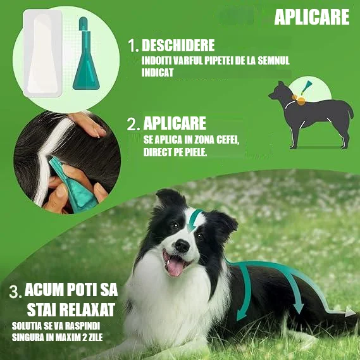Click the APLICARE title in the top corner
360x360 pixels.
312,17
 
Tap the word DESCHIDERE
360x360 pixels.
178,45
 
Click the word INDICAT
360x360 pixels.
158,72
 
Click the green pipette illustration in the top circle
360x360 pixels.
86,53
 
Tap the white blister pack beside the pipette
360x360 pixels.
42,53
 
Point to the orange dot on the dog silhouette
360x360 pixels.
301,101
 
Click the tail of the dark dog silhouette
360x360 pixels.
350,111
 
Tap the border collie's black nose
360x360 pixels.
182,246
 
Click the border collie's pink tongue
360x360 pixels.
175,267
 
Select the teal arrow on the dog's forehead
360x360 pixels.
194,220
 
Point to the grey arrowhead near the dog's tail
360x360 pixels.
350,312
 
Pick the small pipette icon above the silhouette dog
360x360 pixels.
306,87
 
